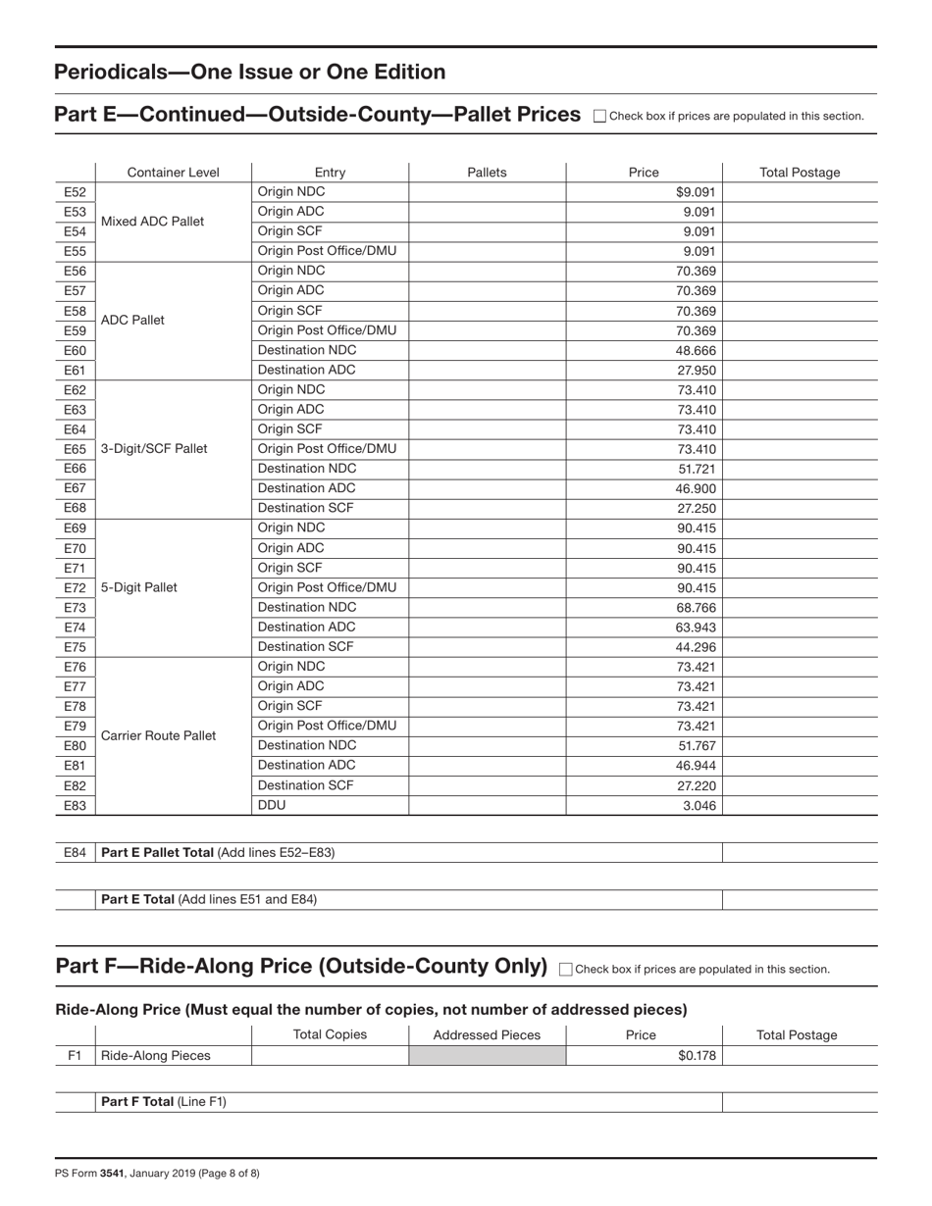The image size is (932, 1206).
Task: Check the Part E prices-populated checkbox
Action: (600, 116)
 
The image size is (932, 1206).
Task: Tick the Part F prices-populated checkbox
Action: (566, 969)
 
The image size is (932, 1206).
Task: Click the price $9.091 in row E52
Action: (696, 192)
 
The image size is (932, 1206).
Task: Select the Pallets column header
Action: (487, 173)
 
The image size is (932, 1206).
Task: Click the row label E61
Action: (75, 371)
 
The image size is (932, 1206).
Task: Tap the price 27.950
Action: (697, 371)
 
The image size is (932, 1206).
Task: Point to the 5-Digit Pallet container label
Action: (139, 588)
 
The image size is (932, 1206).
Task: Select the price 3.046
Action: (699, 806)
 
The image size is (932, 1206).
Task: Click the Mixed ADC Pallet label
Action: (153, 222)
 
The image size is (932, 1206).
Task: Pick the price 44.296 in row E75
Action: (697, 647)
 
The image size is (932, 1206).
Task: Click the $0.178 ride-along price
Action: (697, 1056)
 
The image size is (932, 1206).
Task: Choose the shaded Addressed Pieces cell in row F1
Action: (487, 1056)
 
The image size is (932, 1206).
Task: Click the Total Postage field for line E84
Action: (800, 853)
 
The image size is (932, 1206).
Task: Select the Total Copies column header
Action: (330, 1035)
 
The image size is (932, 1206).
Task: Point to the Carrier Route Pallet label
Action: (159, 736)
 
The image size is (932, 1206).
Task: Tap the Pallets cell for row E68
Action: (487, 508)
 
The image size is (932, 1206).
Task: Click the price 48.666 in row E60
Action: (697, 350)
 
